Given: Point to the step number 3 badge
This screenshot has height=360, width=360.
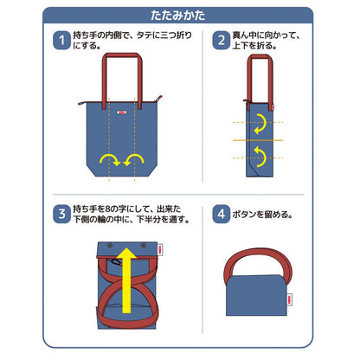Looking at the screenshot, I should coord(62,212).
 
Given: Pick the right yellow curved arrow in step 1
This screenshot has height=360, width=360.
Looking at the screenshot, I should coord(135,158).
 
